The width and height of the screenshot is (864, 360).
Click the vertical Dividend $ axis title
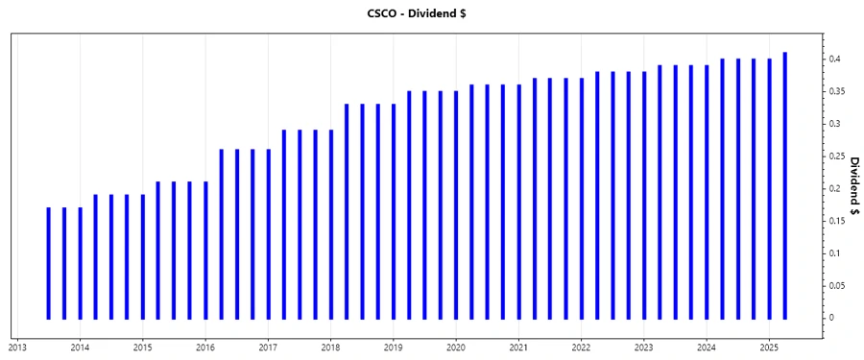click(x=853, y=186)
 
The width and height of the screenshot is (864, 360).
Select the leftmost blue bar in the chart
click(x=49, y=263)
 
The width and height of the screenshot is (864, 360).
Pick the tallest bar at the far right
click(x=785, y=185)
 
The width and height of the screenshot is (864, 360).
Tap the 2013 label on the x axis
click(x=17, y=348)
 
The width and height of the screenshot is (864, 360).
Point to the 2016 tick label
click(x=205, y=348)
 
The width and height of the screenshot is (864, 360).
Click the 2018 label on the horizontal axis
click(x=330, y=348)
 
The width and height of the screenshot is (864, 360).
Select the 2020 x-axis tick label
click(x=456, y=348)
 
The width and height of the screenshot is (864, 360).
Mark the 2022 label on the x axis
click(x=581, y=348)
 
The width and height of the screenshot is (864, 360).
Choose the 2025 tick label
click(x=769, y=348)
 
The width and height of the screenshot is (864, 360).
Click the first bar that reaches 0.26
click(x=222, y=233)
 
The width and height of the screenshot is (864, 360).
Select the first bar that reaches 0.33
click(x=347, y=211)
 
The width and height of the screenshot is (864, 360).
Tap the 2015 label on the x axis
click(x=142, y=348)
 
